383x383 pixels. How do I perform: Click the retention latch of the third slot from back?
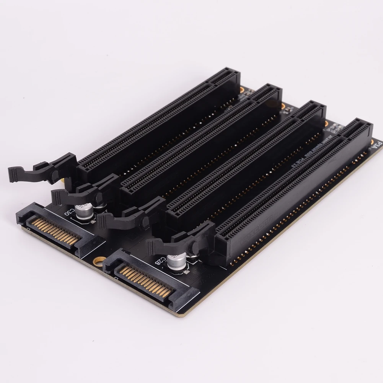click(x=126, y=216)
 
